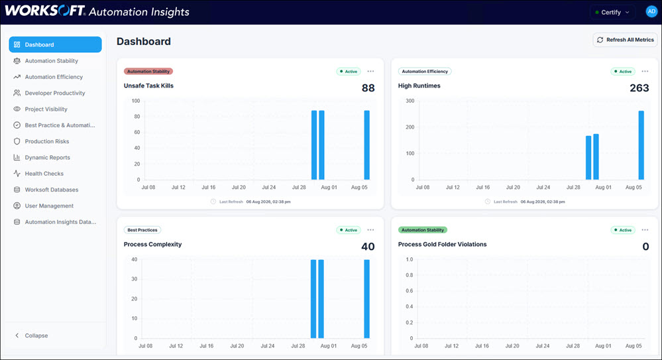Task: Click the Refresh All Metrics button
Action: click(x=626, y=40)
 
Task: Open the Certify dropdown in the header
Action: click(x=612, y=12)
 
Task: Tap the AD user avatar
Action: click(x=651, y=12)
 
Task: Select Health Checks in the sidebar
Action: click(x=44, y=174)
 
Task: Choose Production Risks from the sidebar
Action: click(x=47, y=142)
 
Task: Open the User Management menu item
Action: click(x=49, y=206)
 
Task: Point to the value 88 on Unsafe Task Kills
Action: click(x=368, y=88)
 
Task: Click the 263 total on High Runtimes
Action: click(x=639, y=88)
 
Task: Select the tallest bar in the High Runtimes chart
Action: click(x=641, y=145)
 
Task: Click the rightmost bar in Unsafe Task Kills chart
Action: click(x=367, y=145)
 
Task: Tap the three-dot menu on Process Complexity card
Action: click(x=370, y=230)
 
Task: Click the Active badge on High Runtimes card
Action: click(x=623, y=72)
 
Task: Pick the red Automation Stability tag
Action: click(x=148, y=72)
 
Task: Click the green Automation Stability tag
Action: click(x=423, y=230)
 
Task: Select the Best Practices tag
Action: click(x=142, y=230)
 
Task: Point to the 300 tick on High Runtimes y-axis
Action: click(x=410, y=101)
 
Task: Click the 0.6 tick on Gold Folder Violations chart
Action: click(x=409, y=290)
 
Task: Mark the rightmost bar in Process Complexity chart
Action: click(x=367, y=299)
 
